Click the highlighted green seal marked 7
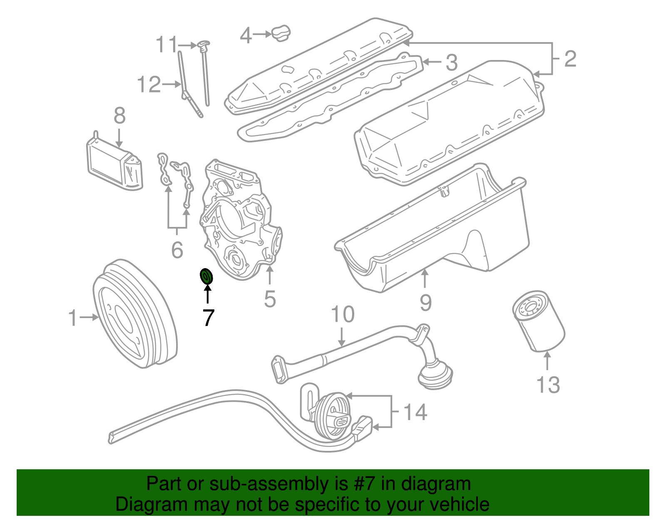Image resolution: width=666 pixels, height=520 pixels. (x=206, y=276)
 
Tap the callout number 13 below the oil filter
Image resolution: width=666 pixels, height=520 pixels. (x=548, y=385)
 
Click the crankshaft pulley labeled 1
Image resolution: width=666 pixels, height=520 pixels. (x=134, y=314)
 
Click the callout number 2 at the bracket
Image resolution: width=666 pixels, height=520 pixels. (x=570, y=59)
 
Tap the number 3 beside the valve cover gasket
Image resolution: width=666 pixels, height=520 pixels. (x=452, y=63)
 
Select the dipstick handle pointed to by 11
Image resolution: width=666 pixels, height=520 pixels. (x=203, y=44)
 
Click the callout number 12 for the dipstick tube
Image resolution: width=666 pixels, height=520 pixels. (x=149, y=85)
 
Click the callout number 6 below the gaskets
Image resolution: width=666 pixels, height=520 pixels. (x=177, y=250)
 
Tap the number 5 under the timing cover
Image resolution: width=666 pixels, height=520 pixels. (x=270, y=299)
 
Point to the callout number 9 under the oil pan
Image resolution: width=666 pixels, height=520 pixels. (x=425, y=302)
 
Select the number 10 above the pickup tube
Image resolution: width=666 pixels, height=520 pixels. (x=342, y=315)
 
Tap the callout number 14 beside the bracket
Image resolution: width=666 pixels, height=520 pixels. (x=415, y=412)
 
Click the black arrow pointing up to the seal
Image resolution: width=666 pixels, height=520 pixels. (x=207, y=294)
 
